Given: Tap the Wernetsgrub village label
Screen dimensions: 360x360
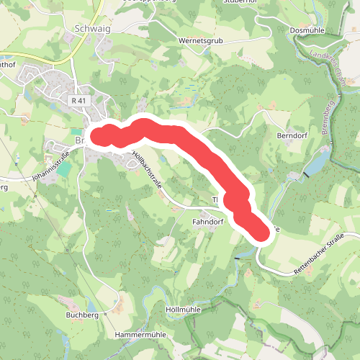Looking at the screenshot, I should (202, 42).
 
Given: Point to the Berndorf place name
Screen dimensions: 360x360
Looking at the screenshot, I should (292, 135).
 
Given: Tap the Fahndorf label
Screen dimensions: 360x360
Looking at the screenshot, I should (207, 222).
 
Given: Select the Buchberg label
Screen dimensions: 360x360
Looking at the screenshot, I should (81, 315).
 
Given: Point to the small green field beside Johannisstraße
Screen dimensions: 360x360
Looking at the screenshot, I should (65, 169).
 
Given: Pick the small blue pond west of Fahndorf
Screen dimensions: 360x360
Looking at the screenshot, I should (109, 210).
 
